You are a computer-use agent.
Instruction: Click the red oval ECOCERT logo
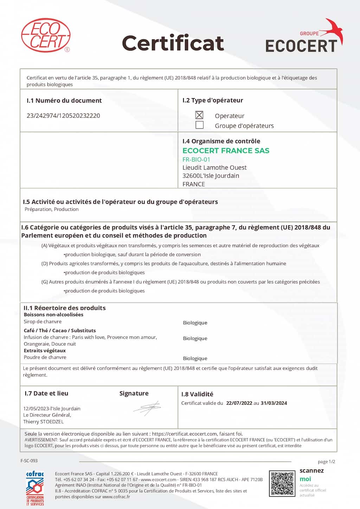point(46,35)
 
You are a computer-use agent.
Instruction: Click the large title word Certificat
point(173,43)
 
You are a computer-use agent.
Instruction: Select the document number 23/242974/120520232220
point(63,116)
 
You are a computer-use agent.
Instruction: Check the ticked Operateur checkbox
point(199,115)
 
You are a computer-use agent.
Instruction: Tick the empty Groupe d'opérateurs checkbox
point(199,125)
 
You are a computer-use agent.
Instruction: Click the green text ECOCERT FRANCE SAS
point(226,151)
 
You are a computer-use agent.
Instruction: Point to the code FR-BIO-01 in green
point(196,159)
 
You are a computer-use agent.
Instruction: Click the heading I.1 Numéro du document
point(64,100)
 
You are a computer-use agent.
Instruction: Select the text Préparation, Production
point(52,209)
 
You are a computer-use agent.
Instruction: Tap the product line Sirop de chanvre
point(43,322)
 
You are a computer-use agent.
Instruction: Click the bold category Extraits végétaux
point(45,350)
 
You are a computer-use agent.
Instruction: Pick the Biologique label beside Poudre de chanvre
point(195,358)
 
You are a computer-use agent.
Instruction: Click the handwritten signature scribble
point(147,408)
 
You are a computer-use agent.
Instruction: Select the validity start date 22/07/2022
point(239,403)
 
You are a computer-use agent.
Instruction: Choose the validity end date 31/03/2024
point(274,403)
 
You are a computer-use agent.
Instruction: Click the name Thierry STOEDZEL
point(44,422)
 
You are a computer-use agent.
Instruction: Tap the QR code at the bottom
point(282,484)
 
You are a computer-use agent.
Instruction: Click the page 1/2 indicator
point(326,462)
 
